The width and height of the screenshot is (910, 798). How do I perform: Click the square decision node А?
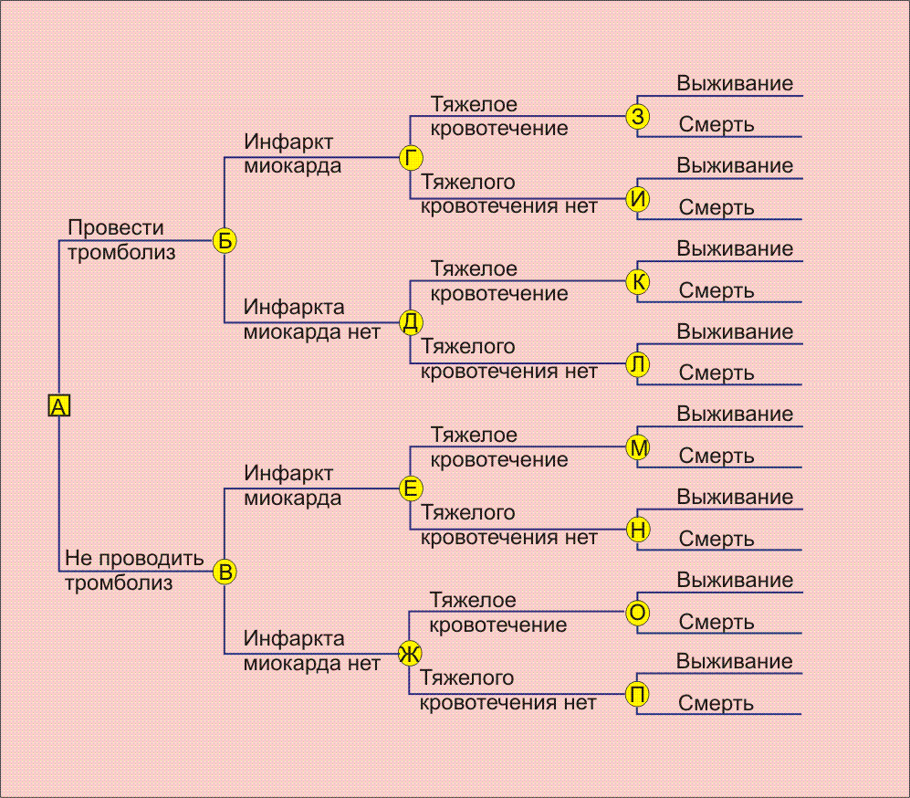coord(58,405)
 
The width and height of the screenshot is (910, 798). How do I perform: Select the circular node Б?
coord(225,240)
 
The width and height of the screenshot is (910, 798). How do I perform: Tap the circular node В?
coord(225,572)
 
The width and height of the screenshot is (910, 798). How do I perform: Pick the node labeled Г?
coord(411,157)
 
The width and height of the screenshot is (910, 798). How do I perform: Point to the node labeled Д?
coord(411,322)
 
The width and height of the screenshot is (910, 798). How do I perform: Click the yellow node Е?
coord(411,488)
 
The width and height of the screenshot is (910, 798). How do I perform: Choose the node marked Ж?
coord(410,654)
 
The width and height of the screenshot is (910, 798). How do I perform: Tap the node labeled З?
coord(637,116)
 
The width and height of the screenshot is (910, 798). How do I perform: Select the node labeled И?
coord(637,199)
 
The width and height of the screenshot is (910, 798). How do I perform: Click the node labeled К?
coord(637,282)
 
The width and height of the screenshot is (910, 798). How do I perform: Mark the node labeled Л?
coord(637,364)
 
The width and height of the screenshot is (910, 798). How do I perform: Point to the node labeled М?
coord(637,447)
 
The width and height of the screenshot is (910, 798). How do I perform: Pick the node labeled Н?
coord(637,530)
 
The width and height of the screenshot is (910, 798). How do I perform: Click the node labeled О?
coord(637,613)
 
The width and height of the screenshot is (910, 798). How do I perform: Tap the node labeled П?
coord(637,694)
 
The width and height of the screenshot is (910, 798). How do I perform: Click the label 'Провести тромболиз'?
coord(121,240)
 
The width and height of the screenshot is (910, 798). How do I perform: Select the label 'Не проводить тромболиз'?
coord(134,570)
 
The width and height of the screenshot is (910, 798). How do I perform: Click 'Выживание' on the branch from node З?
coord(735,84)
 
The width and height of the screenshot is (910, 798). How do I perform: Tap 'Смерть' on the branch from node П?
coord(716,703)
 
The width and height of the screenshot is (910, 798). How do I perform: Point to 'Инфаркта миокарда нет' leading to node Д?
coord(311,320)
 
